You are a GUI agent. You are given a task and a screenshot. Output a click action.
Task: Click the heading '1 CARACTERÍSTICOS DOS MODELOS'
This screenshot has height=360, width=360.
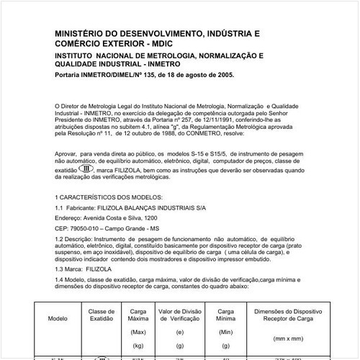[108, 197]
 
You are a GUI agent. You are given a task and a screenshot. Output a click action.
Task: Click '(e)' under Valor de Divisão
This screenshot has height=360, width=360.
[179, 332]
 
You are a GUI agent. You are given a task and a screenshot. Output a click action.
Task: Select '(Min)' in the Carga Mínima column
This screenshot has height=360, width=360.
[225, 332]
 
